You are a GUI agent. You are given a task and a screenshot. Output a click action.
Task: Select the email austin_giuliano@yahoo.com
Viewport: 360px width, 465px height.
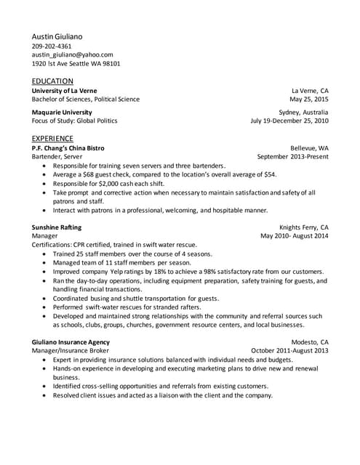click(72, 54)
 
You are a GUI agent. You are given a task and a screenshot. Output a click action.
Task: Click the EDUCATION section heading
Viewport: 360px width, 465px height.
click(52, 81)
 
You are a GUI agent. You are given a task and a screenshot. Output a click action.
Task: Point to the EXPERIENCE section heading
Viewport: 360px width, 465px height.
click(52, 138)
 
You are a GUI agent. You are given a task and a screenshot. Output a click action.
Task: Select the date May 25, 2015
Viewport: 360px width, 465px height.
click(309, 99)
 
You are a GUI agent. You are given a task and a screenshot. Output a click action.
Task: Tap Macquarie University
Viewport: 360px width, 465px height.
click(62, 113)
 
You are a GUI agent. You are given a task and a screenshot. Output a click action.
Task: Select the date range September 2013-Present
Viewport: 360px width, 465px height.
click(293, 156)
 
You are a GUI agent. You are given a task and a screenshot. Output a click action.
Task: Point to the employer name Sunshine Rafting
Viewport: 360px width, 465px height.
click(60, 227)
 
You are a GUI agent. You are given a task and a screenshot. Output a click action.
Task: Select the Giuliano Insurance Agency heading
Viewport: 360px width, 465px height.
click(71, 341)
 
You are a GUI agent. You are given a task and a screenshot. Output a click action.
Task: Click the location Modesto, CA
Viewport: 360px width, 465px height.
click(310, 341)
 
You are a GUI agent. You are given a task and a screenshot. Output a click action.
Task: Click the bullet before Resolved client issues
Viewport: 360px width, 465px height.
click(45, 395)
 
